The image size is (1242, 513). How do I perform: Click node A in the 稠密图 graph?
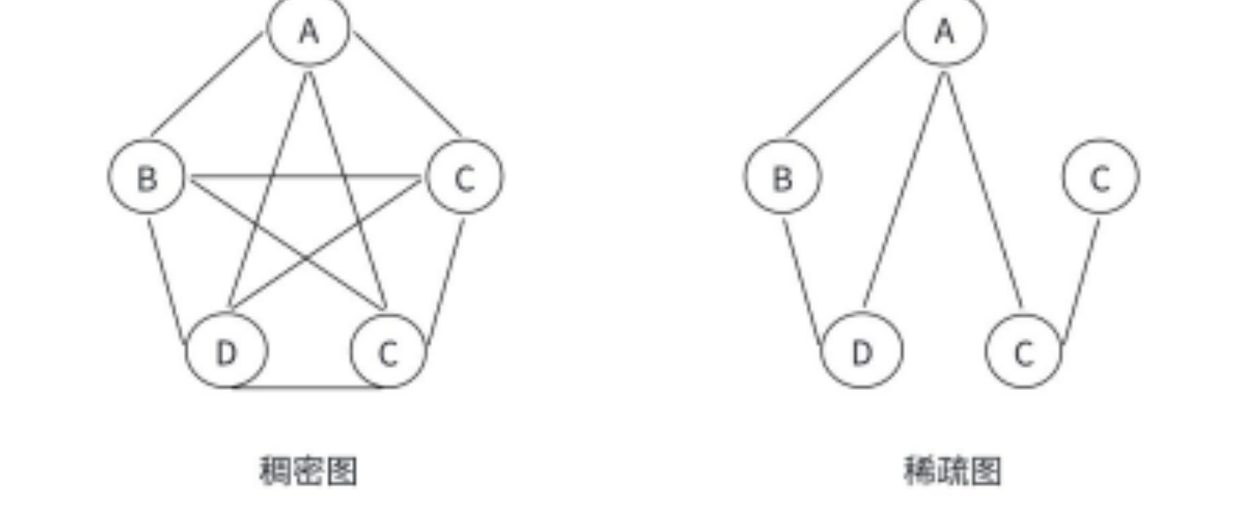pos(308,30)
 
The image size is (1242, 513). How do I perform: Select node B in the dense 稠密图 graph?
pos(147,177)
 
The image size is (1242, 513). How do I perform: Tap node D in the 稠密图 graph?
pos(226,352)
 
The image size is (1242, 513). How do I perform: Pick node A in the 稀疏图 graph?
pos(944,30)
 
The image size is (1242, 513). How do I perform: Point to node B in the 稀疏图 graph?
pos(782,177)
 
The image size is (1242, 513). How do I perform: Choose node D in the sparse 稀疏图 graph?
pos(862,352)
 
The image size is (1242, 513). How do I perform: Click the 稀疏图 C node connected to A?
pos(1023,352)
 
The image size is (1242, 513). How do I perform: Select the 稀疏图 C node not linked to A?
pos(1100,177)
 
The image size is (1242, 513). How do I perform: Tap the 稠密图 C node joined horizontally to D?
pos(387,352)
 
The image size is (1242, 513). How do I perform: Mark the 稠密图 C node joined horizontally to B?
pos(464,177)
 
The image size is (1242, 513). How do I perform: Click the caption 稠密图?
pos(308,471)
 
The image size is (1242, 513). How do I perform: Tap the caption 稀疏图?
pos(952,471)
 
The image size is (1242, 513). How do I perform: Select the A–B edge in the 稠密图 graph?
pos(209,84)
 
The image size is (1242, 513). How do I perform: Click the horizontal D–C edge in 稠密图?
pos(307,387)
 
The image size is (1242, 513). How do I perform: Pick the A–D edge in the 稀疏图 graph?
pos(903,190)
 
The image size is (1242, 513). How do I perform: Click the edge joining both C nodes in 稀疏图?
pos(1080,281)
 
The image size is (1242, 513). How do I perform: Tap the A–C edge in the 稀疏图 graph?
pos(983,190)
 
